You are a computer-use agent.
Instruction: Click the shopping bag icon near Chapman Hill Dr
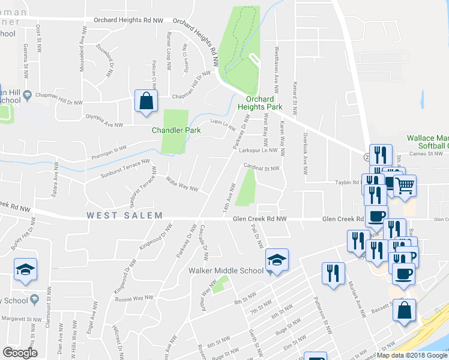pyautogui.click(x=146, y=101)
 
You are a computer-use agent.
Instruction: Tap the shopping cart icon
pyautogui.click(x=405, y=185)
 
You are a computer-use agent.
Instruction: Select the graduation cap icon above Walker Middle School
pyautogui.click(x=277, y=260)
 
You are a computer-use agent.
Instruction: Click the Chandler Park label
pyautogui.click(x=173, y=130)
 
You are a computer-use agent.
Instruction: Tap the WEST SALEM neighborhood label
pyautogui.click(x=124, y=215)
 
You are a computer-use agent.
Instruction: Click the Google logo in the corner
pyautogui.click(x=20, y=353)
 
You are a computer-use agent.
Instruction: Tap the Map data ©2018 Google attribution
pyautogui.click(x=412, y=355)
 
